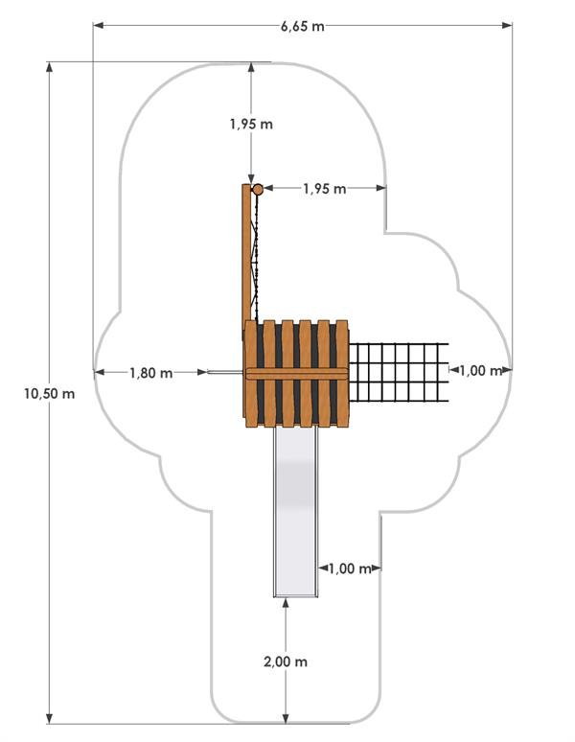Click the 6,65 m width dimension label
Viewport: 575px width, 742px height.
[303, 26]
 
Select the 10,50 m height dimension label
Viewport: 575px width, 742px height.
[50, 393]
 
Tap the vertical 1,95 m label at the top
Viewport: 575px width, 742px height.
[251, 124]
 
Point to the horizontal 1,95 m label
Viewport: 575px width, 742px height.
[324, 189]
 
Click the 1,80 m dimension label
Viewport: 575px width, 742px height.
[151, 373]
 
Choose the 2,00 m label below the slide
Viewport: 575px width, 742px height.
[286, 661]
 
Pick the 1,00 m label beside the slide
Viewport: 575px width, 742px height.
[350, 568]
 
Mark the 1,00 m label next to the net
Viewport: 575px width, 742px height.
[480, 371]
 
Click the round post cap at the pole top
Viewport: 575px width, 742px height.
[258, 190]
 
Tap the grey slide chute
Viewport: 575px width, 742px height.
[295, 510]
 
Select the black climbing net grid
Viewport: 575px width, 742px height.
[398, 372]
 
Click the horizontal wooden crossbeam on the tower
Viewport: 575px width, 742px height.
[296, 374]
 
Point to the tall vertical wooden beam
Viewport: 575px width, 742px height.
[246, 253]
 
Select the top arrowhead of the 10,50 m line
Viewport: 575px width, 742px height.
[49, 67]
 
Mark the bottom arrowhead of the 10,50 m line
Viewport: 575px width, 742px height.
[49, 718]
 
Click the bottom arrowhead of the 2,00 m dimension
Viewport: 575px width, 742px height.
[286, 717]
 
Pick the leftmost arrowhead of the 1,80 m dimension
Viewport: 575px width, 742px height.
[100, 373]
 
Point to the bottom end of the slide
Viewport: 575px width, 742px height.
[295, 595]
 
